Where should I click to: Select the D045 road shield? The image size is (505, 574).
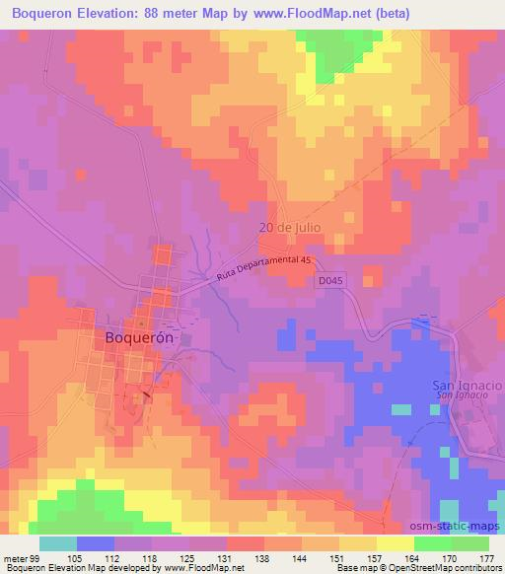pos(332,281)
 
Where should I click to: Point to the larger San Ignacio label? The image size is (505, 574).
pos(468,384)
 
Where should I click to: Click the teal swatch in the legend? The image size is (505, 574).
pos(58,543)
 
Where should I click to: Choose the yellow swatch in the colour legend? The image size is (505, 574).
pos(395,543)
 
